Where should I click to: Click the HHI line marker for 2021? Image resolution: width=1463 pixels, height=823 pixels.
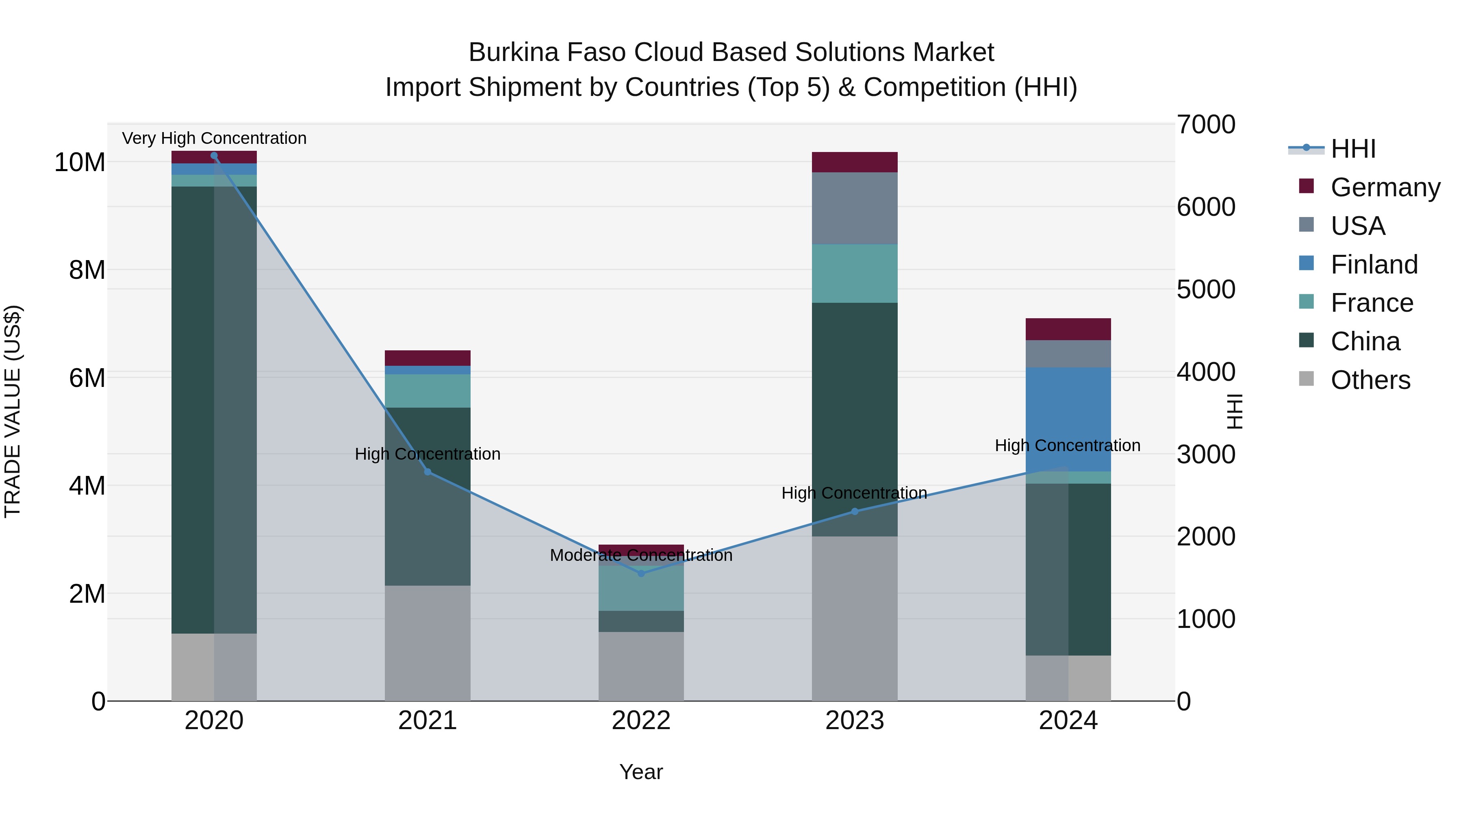click(428, 472)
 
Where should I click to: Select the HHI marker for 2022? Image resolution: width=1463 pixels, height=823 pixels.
click(641, 573)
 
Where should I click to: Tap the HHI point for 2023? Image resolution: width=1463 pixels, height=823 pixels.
click(855, 511)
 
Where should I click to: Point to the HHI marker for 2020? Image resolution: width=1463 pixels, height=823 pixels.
click(214, 156)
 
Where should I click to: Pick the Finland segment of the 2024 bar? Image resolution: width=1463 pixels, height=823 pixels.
click(1068, 419)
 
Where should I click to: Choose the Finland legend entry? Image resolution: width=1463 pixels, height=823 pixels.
click(1373, 265)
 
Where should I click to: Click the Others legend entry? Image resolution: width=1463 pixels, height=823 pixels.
click(1370, 380)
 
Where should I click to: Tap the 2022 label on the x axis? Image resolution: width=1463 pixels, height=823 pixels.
click(641, 721)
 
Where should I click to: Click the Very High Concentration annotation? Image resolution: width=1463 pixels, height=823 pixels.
click(214, 138)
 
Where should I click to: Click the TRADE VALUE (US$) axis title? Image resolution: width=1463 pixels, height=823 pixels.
click(13, 411)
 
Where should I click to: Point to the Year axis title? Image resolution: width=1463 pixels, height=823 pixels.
click(641, 772)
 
